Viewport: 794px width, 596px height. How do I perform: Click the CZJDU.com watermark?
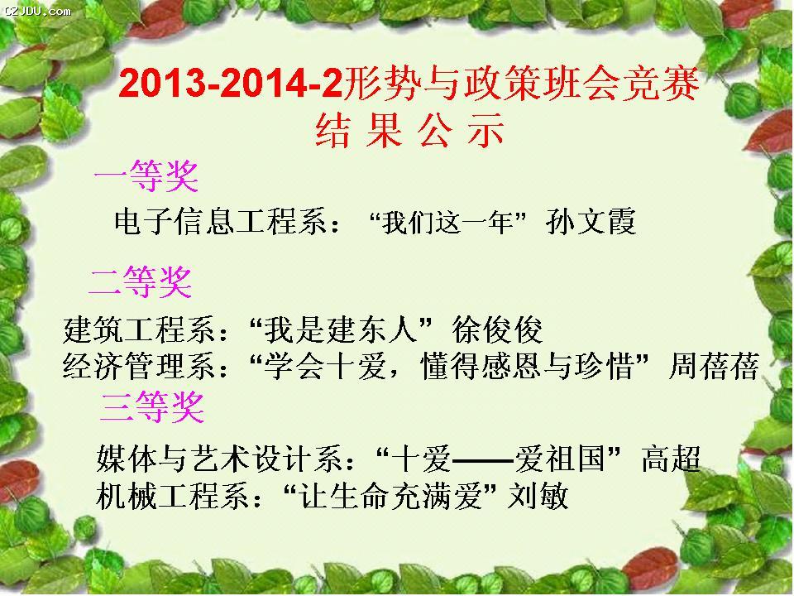pos(37,10)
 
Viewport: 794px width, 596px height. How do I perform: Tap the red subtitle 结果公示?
pos(409,131)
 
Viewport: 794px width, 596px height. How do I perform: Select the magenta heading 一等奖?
pos(146,175)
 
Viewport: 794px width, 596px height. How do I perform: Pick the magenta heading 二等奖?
pos(141,281)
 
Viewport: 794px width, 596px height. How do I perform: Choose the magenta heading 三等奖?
pos(152,407)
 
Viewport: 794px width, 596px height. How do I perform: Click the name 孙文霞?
pos(591,222)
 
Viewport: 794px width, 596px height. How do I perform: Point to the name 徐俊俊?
pos(497,329)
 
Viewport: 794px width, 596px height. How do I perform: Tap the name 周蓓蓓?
pos(714,366)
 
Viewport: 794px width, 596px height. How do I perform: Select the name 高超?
pos(671,459)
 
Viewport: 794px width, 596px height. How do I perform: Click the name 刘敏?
pos(538,495)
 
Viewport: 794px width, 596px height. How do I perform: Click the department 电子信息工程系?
pos(220,222)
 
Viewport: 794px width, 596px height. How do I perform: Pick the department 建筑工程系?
pos(139,329)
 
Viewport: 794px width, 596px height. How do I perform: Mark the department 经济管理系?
pos(139,366)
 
